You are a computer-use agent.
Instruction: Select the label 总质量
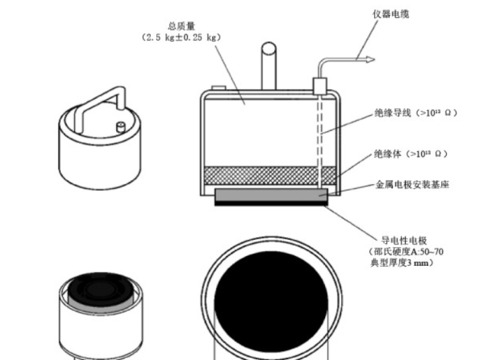(x=181, y=26)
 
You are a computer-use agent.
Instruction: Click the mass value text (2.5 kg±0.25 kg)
(x=181, y=37)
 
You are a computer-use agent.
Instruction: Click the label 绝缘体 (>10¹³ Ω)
(x=411, y=154)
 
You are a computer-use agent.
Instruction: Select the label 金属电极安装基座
(x=412, y=185)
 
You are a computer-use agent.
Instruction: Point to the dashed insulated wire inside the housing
(x=319, y=135)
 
